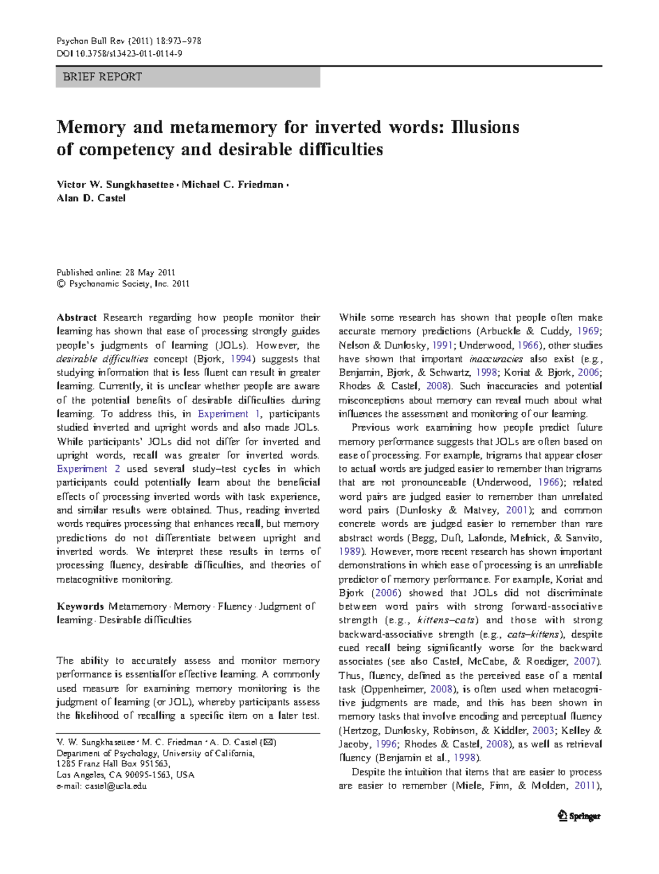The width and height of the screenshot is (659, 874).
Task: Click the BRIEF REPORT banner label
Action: pos(102,77)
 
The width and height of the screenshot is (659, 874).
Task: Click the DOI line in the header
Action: pos(119,54)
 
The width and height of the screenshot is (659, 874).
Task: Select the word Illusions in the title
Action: pos(485,127)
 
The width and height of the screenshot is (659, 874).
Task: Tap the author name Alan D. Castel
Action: pos(91,199)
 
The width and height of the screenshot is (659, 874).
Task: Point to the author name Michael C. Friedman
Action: pos(232,185)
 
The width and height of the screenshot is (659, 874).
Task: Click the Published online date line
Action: pos(116,272)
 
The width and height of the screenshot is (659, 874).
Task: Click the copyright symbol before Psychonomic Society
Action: pos(60,284)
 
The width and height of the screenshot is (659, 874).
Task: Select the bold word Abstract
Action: pos(76,318)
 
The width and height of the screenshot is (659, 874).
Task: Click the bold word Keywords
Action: pos(80,607)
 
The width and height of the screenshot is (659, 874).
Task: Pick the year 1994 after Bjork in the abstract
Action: pos(241,359)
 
